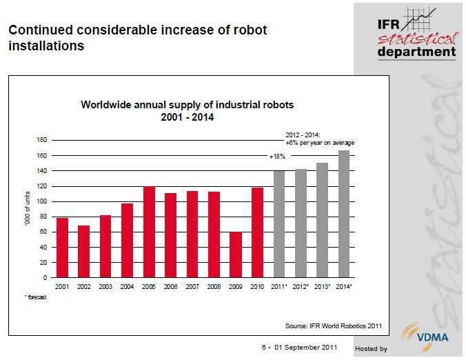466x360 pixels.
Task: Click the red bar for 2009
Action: point(236,255)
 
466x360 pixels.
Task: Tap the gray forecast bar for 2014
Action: point(343,214)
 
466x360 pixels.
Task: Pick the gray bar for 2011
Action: point(278,224)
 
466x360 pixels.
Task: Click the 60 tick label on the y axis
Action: point(41,232)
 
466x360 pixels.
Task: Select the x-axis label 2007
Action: point(192,286)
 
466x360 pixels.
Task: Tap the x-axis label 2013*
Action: point(322,286)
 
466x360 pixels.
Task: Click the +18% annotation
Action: point(277,157)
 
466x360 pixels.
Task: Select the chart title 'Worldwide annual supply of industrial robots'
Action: point(188,106)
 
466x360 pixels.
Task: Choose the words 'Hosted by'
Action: point(371,349)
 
